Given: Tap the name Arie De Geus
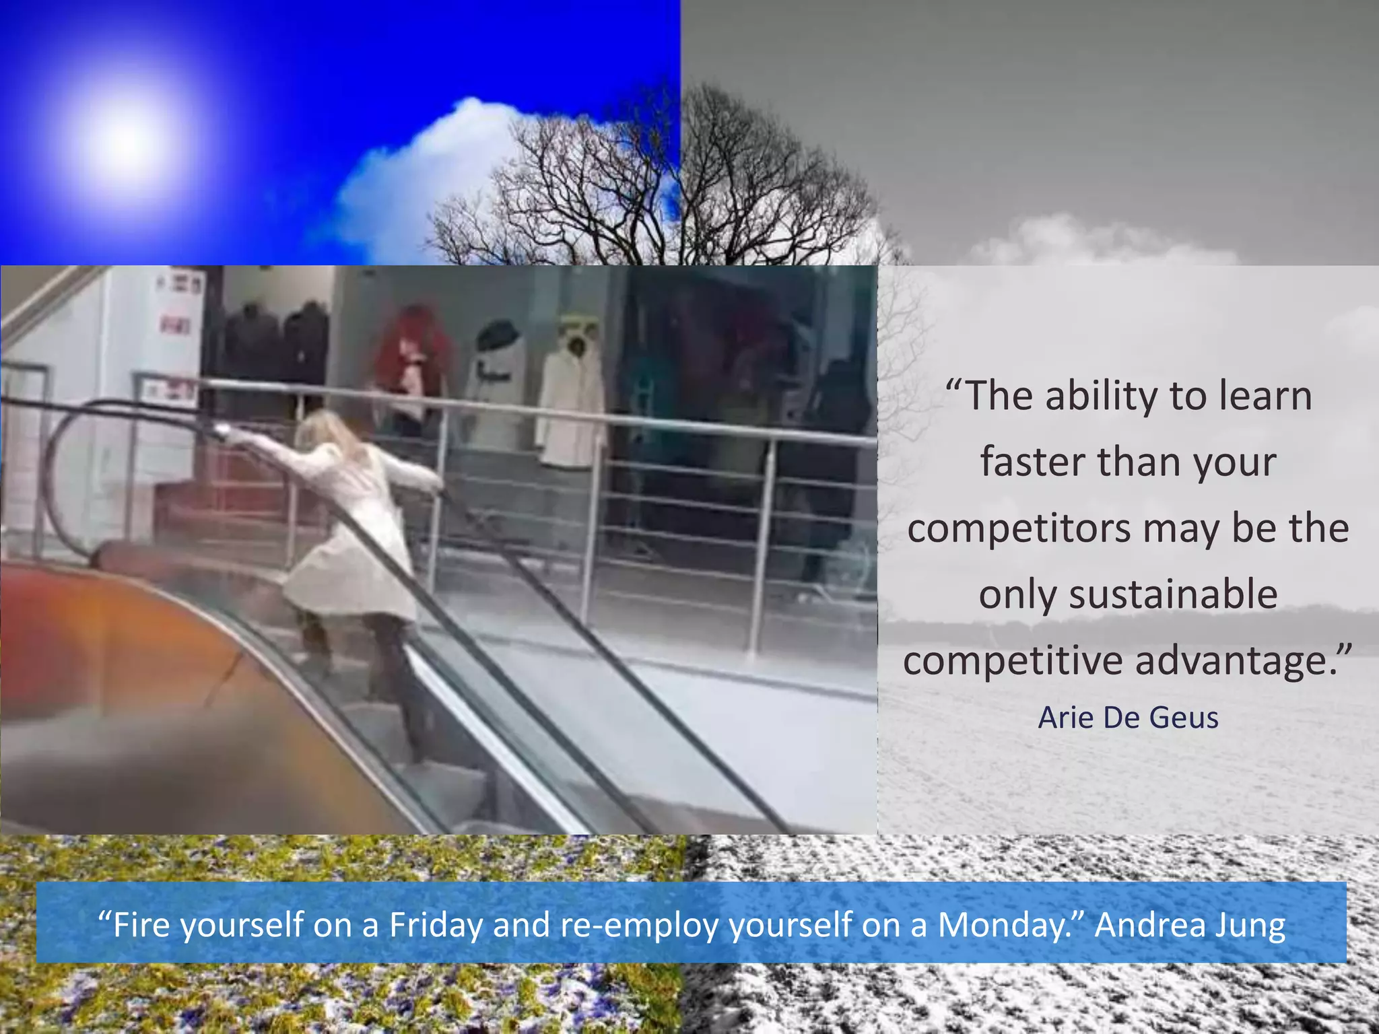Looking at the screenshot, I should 1128,718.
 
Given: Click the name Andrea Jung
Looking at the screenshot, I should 1190,925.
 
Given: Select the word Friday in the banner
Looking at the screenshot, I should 436,925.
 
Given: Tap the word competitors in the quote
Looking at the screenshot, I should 1019,528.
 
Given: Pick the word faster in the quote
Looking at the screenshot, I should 1034,462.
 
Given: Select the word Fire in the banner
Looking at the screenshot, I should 140,925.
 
